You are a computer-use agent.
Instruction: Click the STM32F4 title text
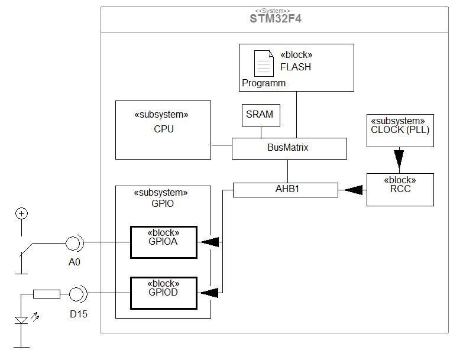click(275, 18)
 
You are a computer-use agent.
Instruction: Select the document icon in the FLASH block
click(264, 63)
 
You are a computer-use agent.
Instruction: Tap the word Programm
click(264, 83)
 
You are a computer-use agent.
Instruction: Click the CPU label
click(164, 129)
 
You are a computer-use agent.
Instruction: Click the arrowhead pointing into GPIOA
click(210, 242)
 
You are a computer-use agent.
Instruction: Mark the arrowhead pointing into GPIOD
click(210, 293)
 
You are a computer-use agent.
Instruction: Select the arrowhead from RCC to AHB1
click(354, 190)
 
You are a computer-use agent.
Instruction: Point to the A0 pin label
click(74, 262)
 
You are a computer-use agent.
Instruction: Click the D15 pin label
click(79, 314)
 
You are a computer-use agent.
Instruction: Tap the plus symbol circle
click(21, 213)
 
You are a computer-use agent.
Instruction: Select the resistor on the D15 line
click(47, 294)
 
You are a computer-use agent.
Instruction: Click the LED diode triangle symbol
click(21, 320)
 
